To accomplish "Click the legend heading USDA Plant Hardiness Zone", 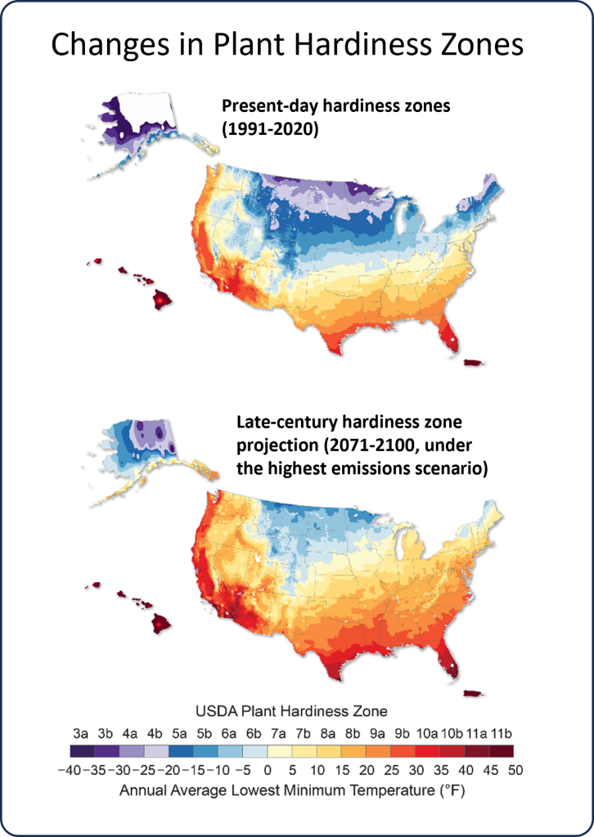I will [290, 710].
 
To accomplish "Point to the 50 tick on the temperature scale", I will [515, 771].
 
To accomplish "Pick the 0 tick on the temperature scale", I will [267, 771].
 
